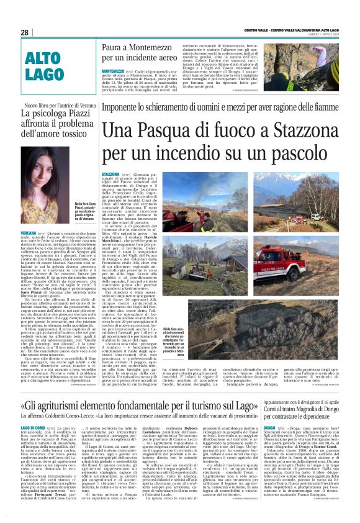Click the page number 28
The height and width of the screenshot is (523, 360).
pos(24,32)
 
